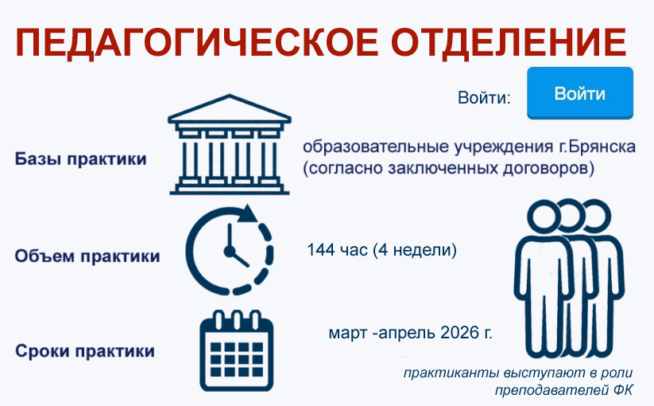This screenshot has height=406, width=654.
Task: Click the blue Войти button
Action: (580, 93)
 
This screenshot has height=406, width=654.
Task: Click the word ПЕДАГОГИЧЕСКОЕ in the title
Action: (197, 42)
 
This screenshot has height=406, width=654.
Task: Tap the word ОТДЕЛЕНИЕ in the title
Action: (509, 42)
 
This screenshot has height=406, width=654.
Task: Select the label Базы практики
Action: (81, 159)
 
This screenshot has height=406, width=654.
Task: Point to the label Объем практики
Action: (87, 256)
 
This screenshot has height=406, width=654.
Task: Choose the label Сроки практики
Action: (85, 351)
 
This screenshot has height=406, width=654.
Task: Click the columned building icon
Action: (230, 145)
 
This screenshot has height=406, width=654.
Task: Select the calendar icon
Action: (237, 350)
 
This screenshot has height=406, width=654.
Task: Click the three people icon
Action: (569, 278)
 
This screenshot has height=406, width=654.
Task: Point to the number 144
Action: (321, 250)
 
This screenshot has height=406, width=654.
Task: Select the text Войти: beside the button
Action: (484, 98)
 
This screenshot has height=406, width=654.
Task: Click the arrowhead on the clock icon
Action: (249, 213)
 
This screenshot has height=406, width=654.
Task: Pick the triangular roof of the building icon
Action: (230, 108)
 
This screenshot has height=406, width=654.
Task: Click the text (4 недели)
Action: (415, 250)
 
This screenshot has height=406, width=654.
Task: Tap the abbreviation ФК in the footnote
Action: (623, 390)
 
